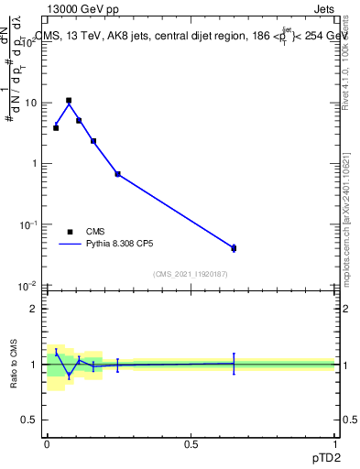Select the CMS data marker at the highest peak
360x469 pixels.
click(x=69, y=101)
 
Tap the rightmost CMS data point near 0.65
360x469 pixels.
click(x=234, y=248)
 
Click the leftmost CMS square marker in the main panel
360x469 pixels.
click(x=56, y=127)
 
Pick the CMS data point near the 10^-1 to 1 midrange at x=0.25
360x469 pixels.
click(x=117, y=174)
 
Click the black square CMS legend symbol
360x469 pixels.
click(x=70, y=232)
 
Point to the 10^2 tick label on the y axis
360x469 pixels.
click(x=29, y=41)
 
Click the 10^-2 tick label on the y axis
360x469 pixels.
click(x=28, y=286)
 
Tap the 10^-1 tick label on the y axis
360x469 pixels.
click(x=28, y=224)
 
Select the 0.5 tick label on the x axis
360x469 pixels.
click(x=191, y=444)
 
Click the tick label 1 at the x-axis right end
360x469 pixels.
click(x=334, y=444)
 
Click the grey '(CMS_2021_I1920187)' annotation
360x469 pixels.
click(x=191, y=273)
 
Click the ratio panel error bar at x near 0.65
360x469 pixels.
click(x=234, y=364)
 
